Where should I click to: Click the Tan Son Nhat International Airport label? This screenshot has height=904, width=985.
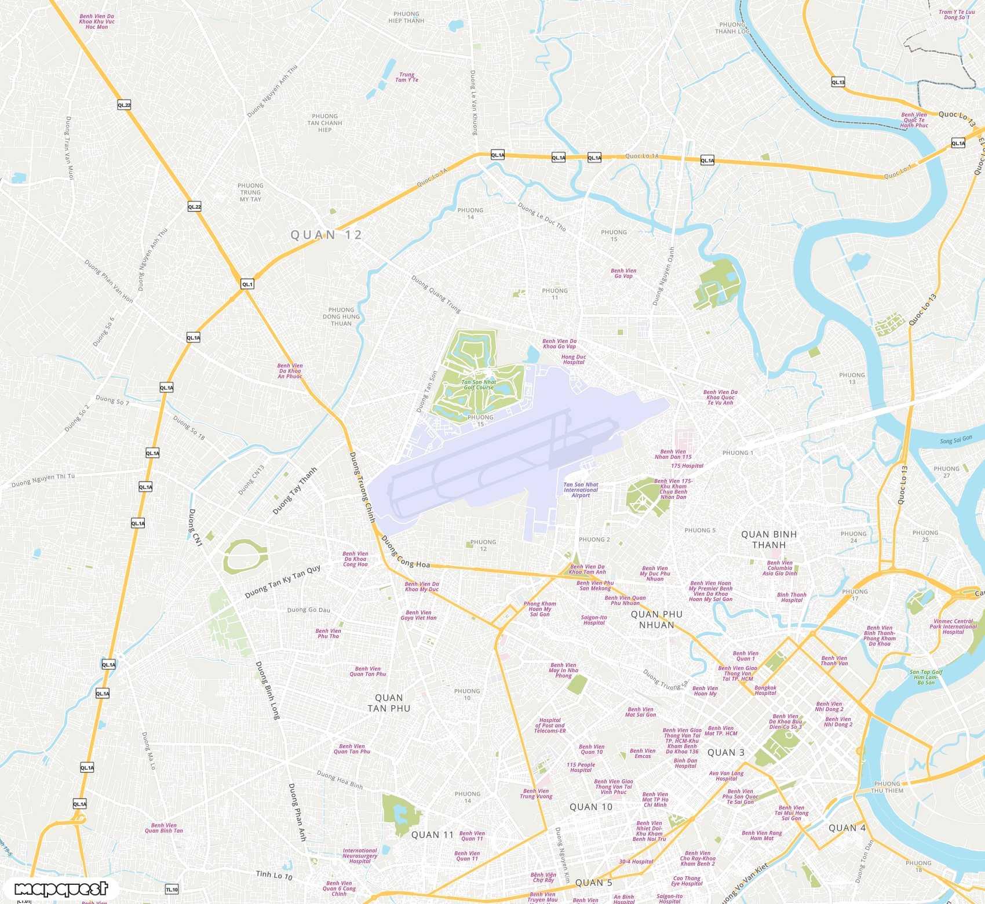(x=581, y=490)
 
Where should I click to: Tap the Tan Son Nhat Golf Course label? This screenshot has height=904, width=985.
(x=479, y=385)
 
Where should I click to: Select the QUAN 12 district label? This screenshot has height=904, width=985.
(x=326, y=235)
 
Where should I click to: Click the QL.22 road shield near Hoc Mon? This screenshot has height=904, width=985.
(x=124, y=105)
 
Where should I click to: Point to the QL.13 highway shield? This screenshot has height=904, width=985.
(x=838, y=82)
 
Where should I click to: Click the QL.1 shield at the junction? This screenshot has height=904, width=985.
(x=247, y=284)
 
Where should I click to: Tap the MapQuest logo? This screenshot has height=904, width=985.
(x=61, y=889)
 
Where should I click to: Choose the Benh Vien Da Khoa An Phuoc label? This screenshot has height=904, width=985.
(x=290, y=371)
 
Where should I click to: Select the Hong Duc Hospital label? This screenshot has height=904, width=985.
(x=574, y=359)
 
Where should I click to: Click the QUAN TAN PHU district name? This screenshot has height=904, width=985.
(x=389, y=703)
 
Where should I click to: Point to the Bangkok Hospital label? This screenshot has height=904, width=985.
(x=765, y=690)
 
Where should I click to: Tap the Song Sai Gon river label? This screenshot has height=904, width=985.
(x=956, y=440)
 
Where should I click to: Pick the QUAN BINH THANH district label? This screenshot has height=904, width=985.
(x=769, y=540)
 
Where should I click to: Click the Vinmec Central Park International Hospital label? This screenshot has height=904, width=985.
(x=953, y=626)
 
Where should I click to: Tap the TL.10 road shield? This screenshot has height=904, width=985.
(x=172, y=890)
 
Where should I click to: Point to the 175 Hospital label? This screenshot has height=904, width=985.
(x=687, y=466)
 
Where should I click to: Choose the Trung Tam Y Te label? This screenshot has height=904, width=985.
(x=407, y=77)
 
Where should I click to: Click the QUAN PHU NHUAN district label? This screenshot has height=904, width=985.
(x=656, y=619)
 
